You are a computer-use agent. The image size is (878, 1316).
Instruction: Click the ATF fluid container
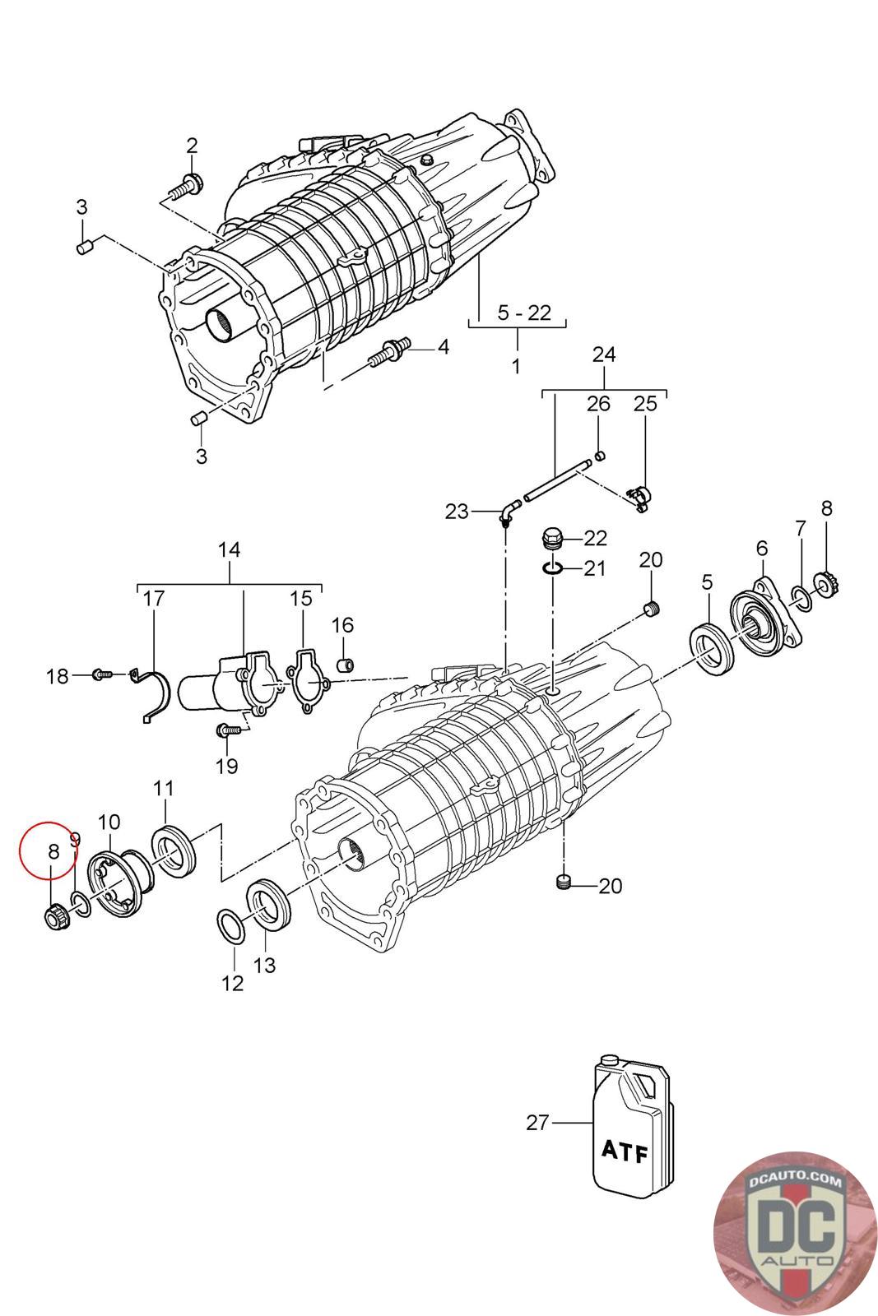(x=630, y=1131)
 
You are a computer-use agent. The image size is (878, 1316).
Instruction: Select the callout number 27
(x=537, y=1122)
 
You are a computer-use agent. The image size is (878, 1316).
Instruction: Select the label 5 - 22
(x=524, y=313)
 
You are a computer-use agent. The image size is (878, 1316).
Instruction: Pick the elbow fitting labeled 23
(x=507, y=512)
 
